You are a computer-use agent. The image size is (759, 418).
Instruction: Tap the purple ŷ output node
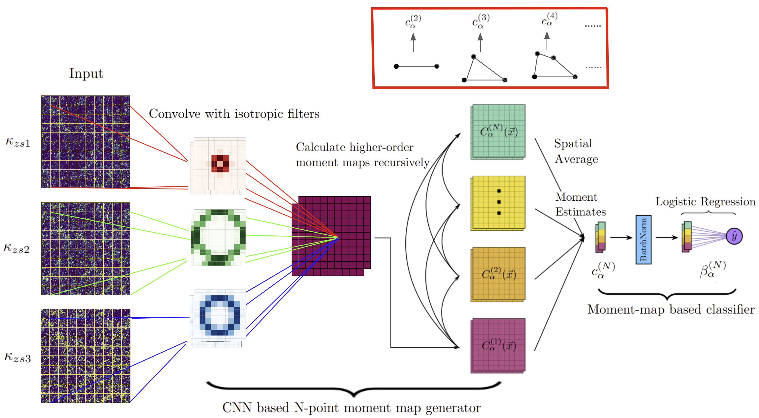[x=734, y=236]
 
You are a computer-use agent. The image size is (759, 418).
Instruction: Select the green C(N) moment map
[x=498, y=132]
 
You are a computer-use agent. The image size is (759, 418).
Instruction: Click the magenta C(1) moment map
[x=498, y=346]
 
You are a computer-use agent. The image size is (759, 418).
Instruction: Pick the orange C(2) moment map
[x=498, y=274]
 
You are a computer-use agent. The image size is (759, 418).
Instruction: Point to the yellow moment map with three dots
[x=498, y=203]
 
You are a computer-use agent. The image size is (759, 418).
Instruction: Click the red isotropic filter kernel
[x=218, y=166]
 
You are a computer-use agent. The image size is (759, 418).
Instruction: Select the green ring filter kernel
[x=218, y=237]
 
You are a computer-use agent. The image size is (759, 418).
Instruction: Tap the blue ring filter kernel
[x=218, y=318]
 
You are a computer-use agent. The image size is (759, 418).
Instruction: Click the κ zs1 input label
[x=18, y=142]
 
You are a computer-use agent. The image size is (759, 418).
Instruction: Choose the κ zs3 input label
[x=18, y=357]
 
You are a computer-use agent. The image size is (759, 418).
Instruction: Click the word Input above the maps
[x=86, y=74]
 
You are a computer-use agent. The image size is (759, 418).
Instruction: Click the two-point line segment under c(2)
[x=417, y=66]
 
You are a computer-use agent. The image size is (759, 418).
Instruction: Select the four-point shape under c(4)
[x=555, y=65]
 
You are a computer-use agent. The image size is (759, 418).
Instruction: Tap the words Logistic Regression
[x=705, y=201]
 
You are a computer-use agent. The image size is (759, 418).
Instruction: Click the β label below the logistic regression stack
[x=713, y=269]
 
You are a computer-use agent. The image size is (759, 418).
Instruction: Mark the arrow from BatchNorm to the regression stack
[x=667, y=238]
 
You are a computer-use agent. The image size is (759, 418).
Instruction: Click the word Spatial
[x=573, y=144]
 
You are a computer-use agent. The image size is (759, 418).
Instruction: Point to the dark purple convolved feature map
[x=331, y=236]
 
